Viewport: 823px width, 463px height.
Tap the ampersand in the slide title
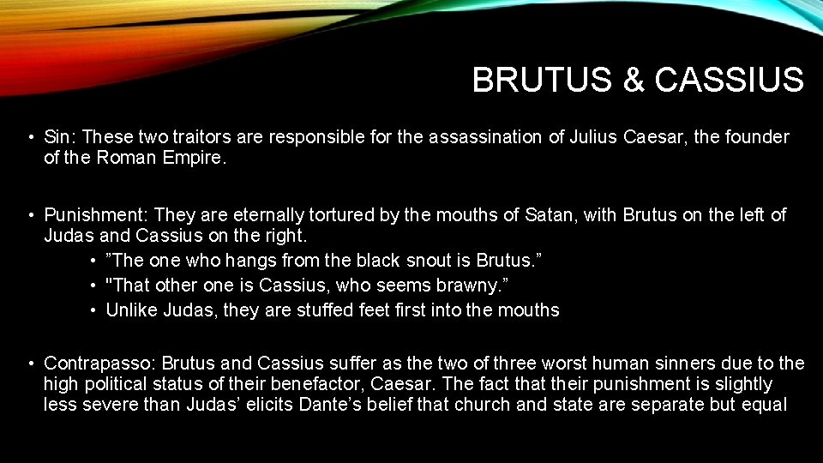pos(633,81)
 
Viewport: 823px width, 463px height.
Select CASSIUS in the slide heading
pos(729,81)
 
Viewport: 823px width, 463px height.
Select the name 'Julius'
pos(593,137)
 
